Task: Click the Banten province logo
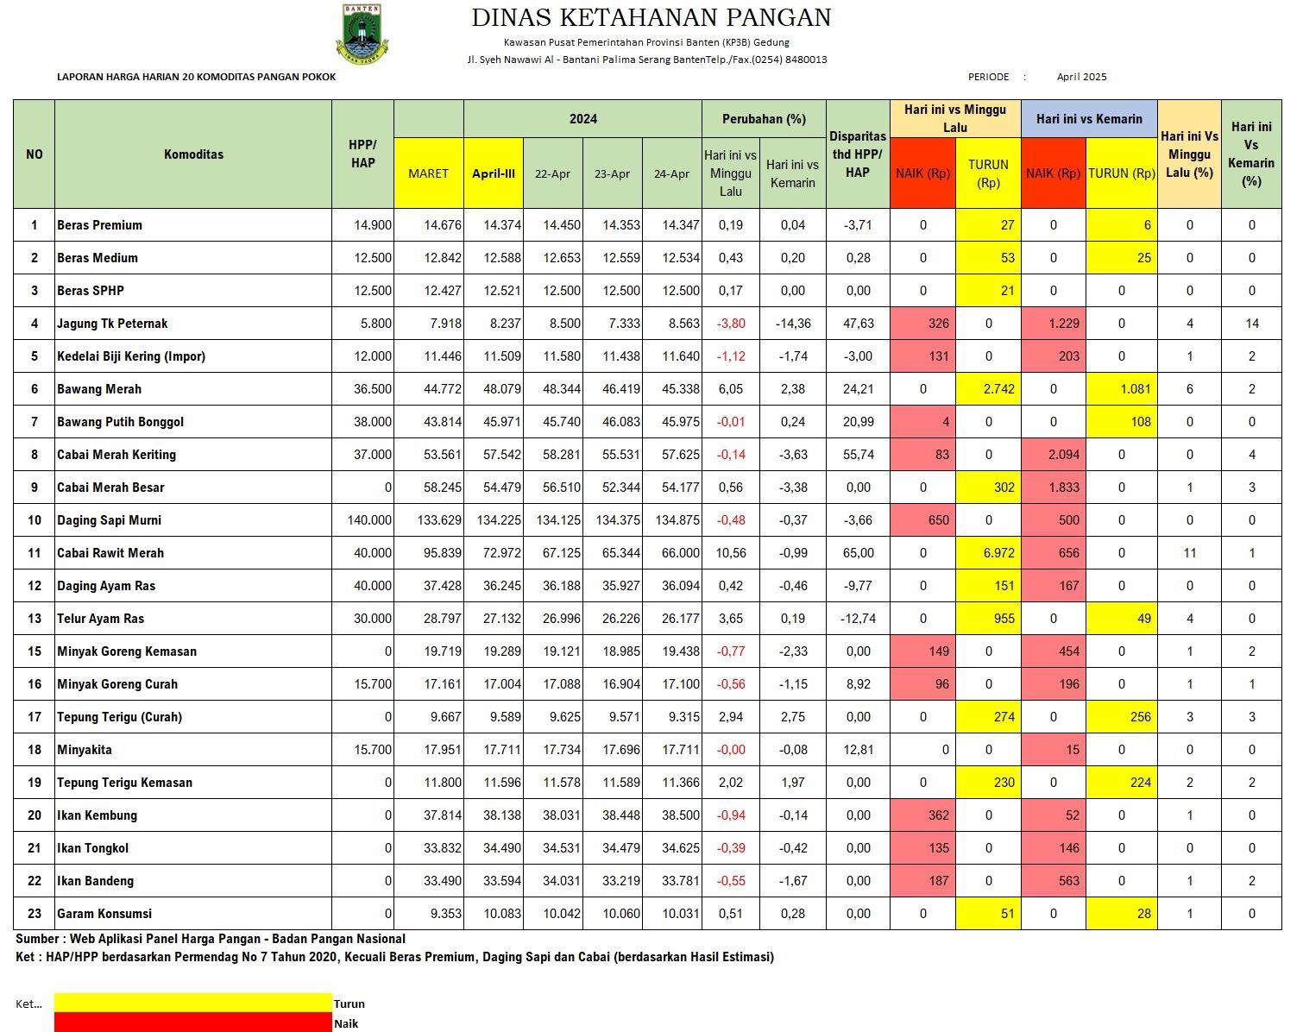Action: click(362, 33)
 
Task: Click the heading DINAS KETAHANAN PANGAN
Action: click(651, 17)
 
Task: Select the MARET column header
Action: click(428, 173)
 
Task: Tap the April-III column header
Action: click(493, 173)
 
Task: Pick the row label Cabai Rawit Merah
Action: click(110, 553)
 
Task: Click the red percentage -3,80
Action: click(730, 324)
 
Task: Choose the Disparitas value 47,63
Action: click(858, 324)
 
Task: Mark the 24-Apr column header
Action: click(671, 173)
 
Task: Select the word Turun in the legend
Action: click(349, 1004)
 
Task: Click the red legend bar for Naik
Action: click(192, 1023)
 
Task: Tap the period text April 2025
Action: click(1081, 77)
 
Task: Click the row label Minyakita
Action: click(85, 750)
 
